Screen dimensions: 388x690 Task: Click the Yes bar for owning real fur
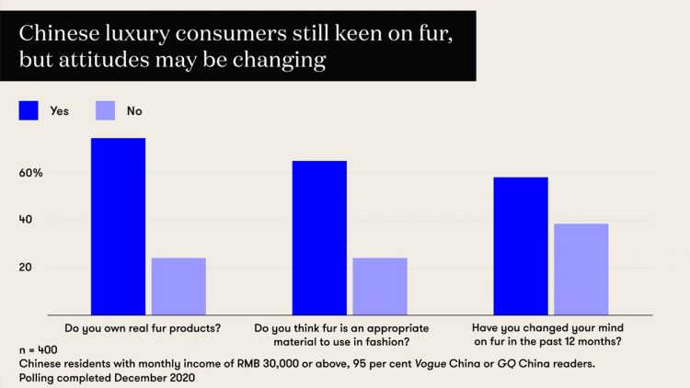(118, 226)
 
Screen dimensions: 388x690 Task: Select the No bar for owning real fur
(178, 286)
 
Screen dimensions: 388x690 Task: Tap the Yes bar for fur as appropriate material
(319, 237)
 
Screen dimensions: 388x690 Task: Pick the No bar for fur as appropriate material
(380, 286)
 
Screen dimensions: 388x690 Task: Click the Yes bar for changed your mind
(521, 245)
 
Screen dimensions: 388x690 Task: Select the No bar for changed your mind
(581, 268)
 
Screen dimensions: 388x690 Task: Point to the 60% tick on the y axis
(31, 173)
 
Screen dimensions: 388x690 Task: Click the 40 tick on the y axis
(26, 221)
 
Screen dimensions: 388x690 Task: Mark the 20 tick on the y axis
(26, 268)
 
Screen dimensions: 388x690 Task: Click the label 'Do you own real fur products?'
(143, 327)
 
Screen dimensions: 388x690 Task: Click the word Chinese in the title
(57, 35)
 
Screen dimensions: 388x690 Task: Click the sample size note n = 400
(38, 351)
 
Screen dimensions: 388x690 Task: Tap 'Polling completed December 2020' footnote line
(107, 377)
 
